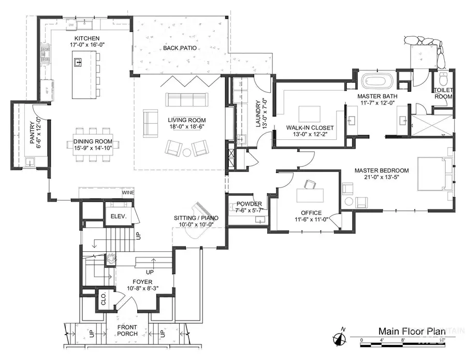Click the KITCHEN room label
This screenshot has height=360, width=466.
pos(83,39)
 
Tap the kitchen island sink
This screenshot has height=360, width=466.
pos(78,63)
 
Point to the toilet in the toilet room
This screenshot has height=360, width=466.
pos(442,79)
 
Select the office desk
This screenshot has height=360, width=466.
pos(310,196)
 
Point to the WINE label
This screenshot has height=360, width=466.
pos(128,192)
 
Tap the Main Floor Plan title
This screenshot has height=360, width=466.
pos(409,330)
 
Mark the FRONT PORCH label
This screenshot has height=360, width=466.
pos(127,330)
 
